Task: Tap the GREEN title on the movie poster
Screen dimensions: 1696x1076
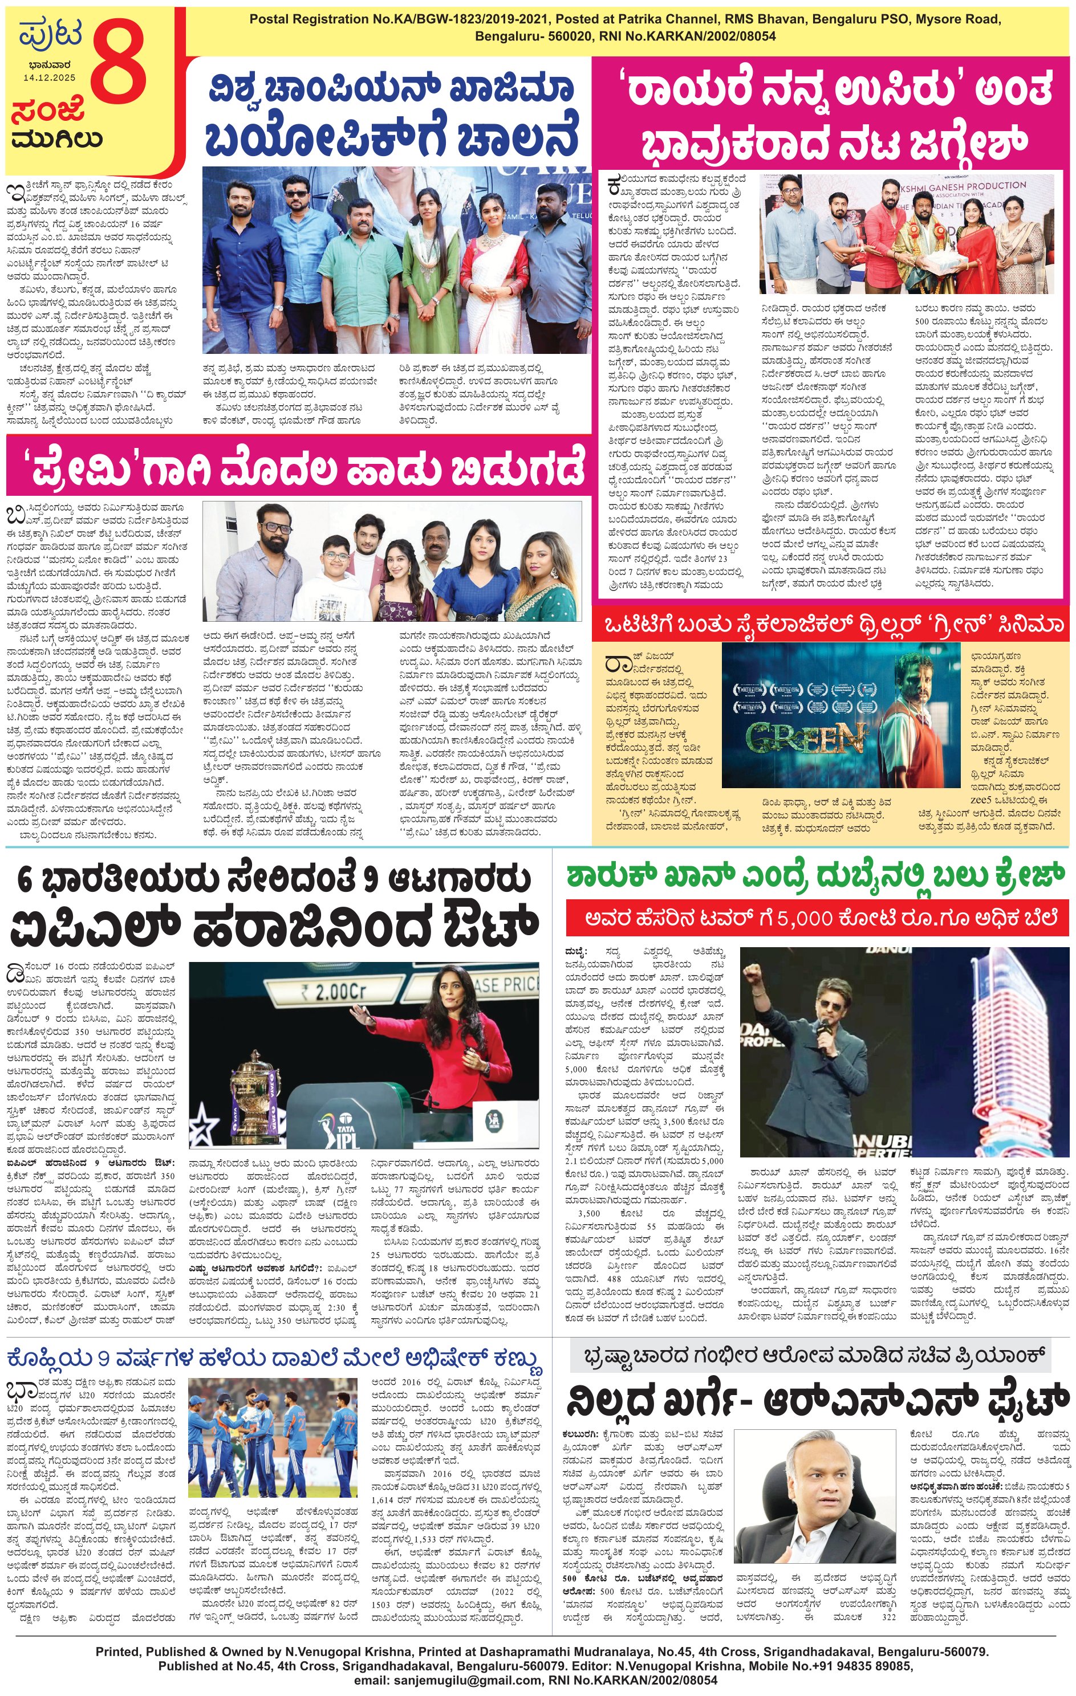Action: [805, 737]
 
